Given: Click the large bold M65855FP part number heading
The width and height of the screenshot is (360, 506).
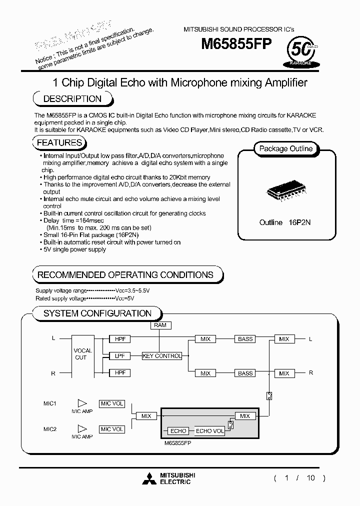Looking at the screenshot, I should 236,45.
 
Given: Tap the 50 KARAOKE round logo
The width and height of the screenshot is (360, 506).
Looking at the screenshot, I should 301,52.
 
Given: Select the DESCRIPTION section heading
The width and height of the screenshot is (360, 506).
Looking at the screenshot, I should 72,98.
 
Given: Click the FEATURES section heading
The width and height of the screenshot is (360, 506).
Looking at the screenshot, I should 59,143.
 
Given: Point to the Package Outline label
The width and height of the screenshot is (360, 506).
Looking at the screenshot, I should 286,148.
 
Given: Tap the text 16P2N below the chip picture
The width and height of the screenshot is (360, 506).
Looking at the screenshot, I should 300,222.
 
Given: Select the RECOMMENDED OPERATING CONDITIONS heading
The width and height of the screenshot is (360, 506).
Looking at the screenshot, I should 125,274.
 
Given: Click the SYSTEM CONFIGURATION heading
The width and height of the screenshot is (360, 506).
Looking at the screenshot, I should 97,313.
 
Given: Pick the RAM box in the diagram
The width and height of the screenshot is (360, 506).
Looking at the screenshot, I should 160,325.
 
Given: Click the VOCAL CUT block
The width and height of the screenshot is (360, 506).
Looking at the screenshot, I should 83,354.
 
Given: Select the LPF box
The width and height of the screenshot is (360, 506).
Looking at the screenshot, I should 120,356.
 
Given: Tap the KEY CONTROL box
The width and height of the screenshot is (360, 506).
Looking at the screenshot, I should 162,356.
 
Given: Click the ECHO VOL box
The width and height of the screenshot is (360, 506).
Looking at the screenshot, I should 210,431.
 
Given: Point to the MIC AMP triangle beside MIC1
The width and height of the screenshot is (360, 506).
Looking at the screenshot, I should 82,403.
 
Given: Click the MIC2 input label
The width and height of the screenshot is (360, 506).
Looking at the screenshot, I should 50,429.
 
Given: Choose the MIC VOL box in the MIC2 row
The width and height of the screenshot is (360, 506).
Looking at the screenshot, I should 112,429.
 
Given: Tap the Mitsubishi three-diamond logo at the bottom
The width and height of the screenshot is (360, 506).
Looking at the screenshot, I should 149,478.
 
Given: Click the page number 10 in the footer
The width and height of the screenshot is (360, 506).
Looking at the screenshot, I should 311,478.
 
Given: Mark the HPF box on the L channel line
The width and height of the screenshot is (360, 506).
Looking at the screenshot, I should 120,339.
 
